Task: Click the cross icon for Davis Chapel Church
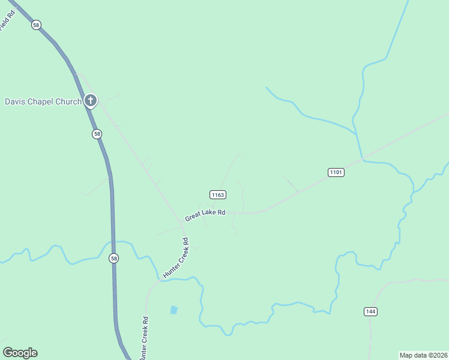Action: click(x=90, y=101)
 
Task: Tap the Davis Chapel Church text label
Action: click(x=43, y=101)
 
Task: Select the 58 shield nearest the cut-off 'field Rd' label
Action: click(x=37, y=25)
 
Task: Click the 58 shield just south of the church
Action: click(x=97, y=134)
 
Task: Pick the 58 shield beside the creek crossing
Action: click(x=114, y=258)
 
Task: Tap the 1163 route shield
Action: click(x=218, y=194)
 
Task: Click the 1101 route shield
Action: click(x=336, y=172)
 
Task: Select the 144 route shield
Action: click(x=370, y=311)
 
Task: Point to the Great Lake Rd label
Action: click(x=205, y=215)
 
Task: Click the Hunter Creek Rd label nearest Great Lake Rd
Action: click(x=176, y=258)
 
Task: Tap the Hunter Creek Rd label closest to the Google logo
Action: click(x=143, y=338)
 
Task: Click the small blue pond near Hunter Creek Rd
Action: click(x=173, y=310)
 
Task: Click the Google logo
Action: click(x=20, y=353)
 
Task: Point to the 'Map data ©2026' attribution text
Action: click(x=423, y=355)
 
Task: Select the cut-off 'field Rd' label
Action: click(x=7, y=23)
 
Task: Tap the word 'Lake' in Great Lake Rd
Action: click(x=208, y=214)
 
